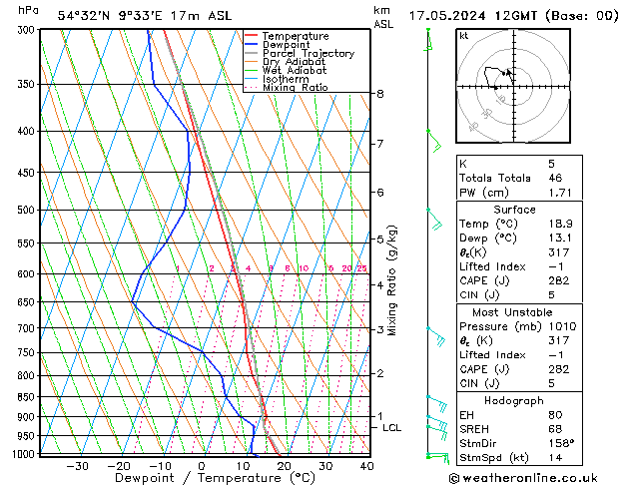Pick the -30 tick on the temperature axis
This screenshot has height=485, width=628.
pyautogui.click(x=77, y=465)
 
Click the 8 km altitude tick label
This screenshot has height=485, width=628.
pyautogui.click(x=380, y=94)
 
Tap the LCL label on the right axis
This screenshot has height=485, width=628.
pyautogui.click(x=392, y=428)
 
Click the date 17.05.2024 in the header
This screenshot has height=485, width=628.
pyautogui.click(x=447, y=16)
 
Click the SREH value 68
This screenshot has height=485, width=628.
pyautogui.click(x=552, y=429)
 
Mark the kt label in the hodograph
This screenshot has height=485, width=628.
pyautogui.click(x=464, y=35)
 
